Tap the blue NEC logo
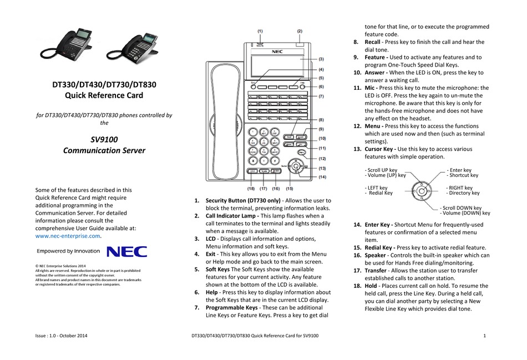pos(126,252)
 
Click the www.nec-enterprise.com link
pos(68,236)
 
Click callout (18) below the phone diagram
pos(251,189)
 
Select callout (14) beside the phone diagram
pos(322,177)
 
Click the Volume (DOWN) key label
pos(465,213)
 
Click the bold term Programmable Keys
pos(231,307)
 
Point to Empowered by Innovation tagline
pos(68,251)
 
